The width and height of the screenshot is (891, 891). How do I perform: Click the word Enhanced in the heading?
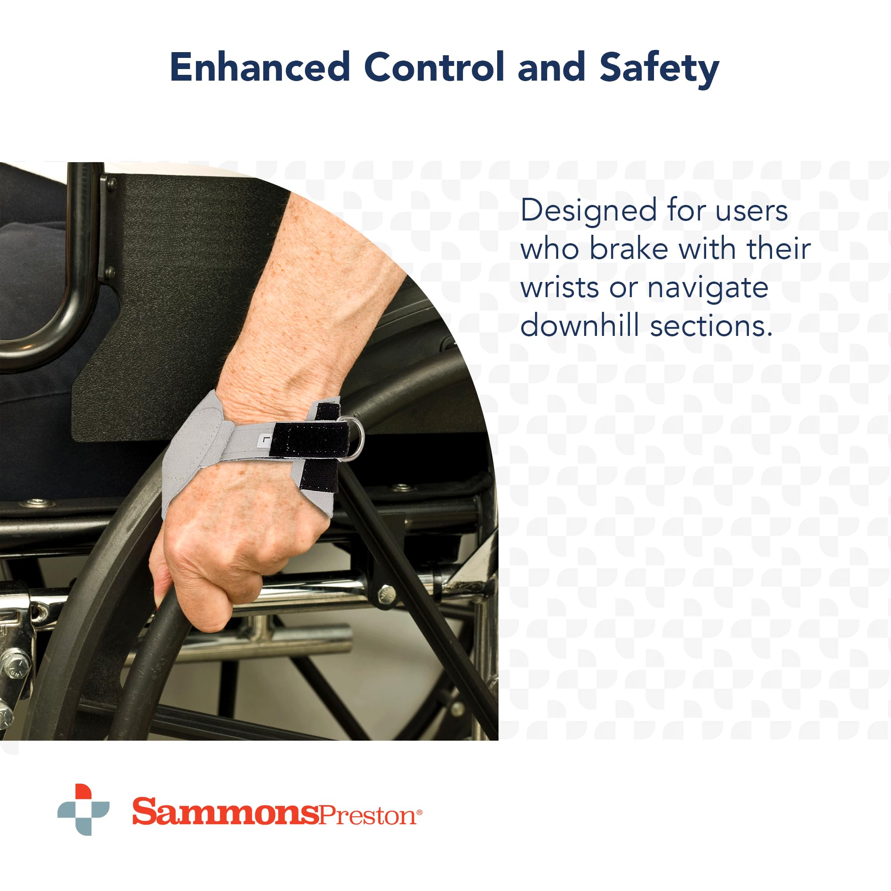(x=260, y=67)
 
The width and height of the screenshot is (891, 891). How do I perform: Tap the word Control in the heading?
(x=435, y=67)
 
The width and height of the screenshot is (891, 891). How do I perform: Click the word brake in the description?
(x=629, y=249)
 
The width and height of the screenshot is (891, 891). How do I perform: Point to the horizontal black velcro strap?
(x=312, y=440)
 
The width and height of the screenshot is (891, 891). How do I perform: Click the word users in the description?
(x=752, y=211)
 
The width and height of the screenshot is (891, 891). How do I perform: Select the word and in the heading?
(x=552, y=67)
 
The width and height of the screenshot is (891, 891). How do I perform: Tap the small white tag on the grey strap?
(x=264, y=441)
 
